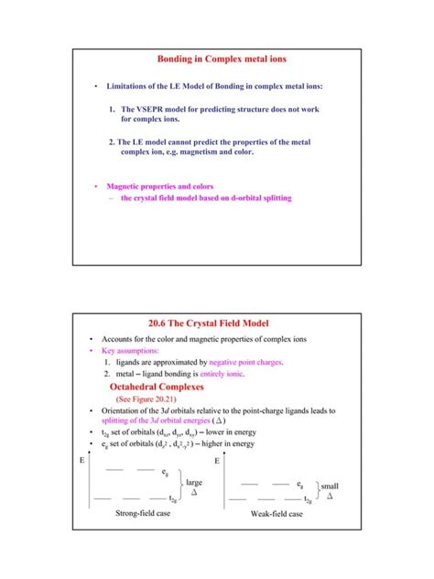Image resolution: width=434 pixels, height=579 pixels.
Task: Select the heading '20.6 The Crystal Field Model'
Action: [216, 322]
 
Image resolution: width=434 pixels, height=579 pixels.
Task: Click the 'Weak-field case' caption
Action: [276, 514]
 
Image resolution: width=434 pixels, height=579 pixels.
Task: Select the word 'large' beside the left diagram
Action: [194, 481]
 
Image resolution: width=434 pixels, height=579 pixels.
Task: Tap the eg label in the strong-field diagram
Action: [165, 472]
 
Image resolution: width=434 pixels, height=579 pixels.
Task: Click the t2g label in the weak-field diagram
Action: [306, 500]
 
